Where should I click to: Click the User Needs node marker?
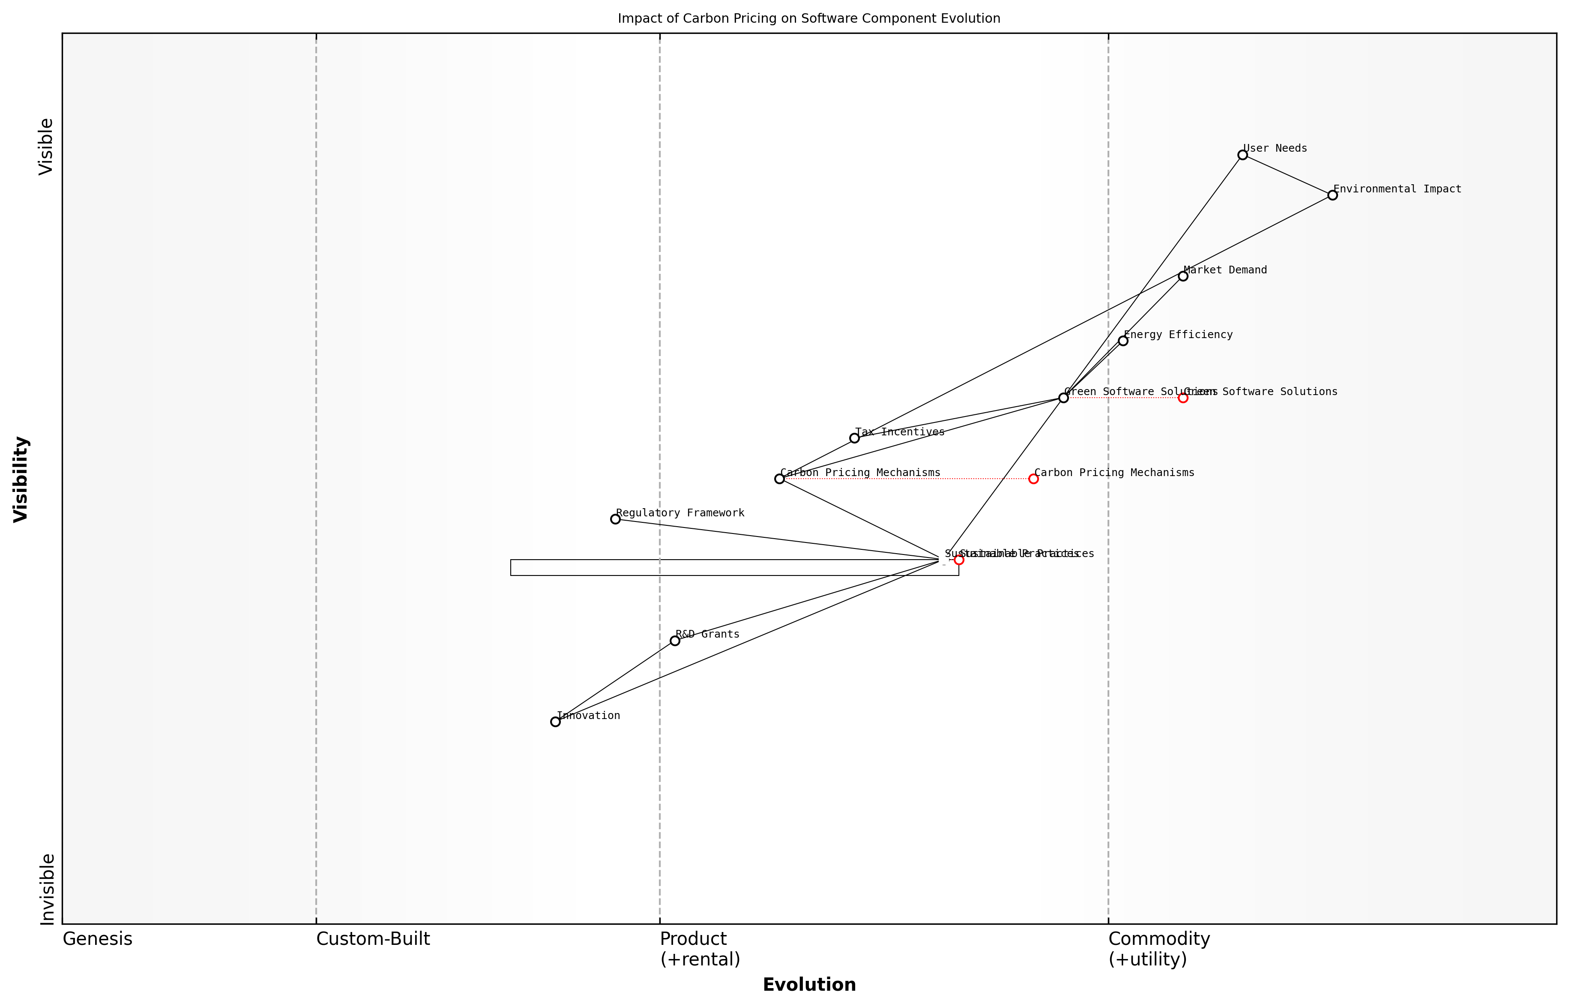pyautogui.click(x=1242, y=155)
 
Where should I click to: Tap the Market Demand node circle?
pyautogui.click(x=1183, y=276)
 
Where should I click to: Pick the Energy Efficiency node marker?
pyautogui.click(x=1123, y=341)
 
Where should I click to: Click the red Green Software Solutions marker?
pyautogui.click(x=1183, y=398)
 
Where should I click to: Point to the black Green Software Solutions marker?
pyautogui.click(x=1063, y=398)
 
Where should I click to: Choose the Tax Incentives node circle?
pyautogui.click(x=854, y=438)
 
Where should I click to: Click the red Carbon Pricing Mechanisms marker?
pyautogui.click(x=1033, y=479)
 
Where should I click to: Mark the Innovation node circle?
pyautogui.click(x=555, y=722)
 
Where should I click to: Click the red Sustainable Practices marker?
pyautogui.click(x=958, y=560)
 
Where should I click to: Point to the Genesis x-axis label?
pyautogui.click(x=97, y=939)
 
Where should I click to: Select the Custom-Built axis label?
pyautogui.click(x=373, y=939)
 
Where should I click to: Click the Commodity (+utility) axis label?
pyautogui.click(x=1159, y=949)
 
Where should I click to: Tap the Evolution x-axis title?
pyautogui.click(x=808, y=985)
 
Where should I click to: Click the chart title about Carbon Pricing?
pyautogui.click(x=808, y=18)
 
